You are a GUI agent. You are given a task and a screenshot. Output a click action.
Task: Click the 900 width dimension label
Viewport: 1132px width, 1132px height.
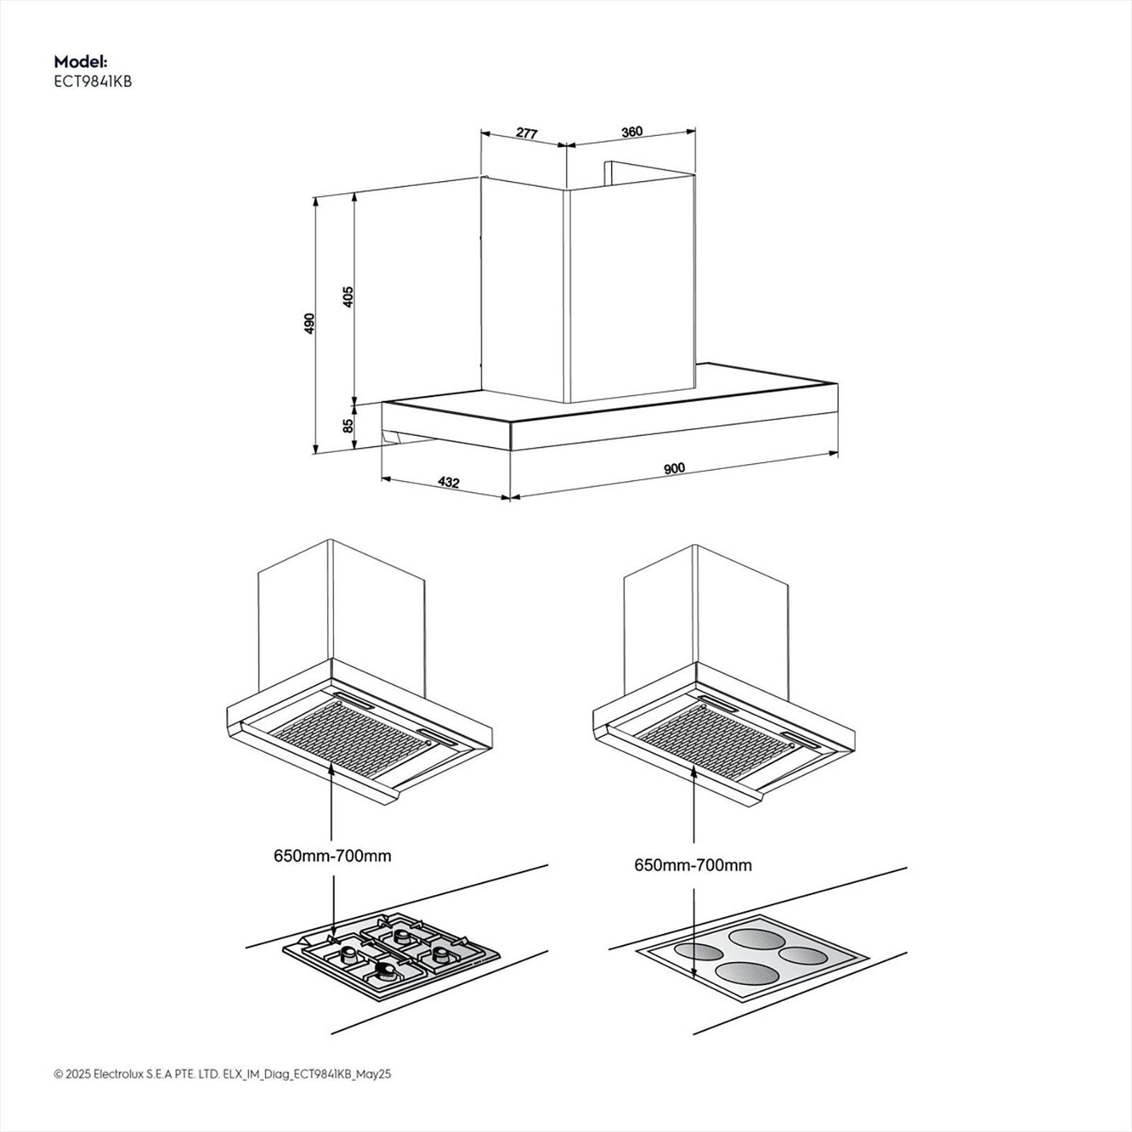[674, 468]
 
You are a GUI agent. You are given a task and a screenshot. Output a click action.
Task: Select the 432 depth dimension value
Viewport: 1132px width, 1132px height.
[449, 483]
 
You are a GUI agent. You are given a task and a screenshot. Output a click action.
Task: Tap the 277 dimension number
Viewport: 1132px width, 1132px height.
[526, 133]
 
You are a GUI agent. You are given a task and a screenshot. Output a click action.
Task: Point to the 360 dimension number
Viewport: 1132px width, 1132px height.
[632, 132]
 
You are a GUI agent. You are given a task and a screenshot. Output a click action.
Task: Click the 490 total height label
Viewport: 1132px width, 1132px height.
[309, 323]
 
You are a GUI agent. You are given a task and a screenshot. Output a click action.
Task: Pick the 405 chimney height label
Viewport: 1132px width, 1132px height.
[347, 296]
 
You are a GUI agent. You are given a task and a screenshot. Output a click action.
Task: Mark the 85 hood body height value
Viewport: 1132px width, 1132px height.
[347, 426]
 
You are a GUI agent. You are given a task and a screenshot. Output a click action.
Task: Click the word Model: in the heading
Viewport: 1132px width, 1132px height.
[80, 62]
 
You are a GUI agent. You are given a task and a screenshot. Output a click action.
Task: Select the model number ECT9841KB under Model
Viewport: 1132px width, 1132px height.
[93, 81]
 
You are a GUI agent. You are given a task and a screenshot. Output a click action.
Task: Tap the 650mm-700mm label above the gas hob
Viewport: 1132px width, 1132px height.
[333, 856]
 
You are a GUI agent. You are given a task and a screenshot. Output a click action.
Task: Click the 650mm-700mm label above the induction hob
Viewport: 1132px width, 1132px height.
[693, 865]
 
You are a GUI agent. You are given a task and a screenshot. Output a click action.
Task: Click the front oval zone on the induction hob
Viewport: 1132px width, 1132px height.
[744, 974]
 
